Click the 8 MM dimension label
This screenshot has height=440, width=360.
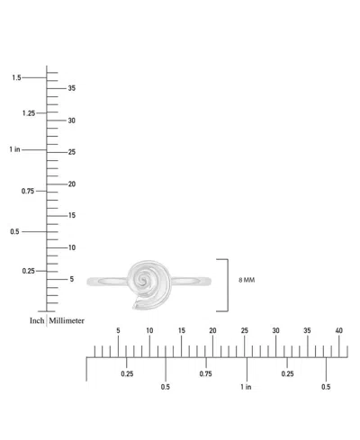247,280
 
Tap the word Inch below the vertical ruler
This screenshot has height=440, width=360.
37,320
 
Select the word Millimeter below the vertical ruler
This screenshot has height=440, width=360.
67,320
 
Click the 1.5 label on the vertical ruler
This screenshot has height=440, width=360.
16,77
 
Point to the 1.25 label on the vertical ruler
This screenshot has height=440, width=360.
29,113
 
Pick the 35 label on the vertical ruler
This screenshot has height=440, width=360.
72,88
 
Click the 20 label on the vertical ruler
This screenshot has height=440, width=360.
72,184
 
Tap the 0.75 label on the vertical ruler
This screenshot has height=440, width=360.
28,191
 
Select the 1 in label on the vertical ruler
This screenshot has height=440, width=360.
14,149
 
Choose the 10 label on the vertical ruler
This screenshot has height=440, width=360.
72,247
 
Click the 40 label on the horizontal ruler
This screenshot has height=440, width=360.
338,330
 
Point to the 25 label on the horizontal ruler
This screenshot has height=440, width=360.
245,330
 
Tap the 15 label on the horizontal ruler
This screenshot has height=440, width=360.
182,330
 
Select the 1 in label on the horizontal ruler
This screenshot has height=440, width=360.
246,387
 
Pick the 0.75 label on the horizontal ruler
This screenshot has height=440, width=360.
206,373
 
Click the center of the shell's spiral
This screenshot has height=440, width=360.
143,281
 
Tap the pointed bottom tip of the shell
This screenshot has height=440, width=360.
133,308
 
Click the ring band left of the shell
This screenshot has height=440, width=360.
107,282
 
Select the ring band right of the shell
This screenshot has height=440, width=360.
192,281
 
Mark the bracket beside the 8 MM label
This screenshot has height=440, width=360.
228,285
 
